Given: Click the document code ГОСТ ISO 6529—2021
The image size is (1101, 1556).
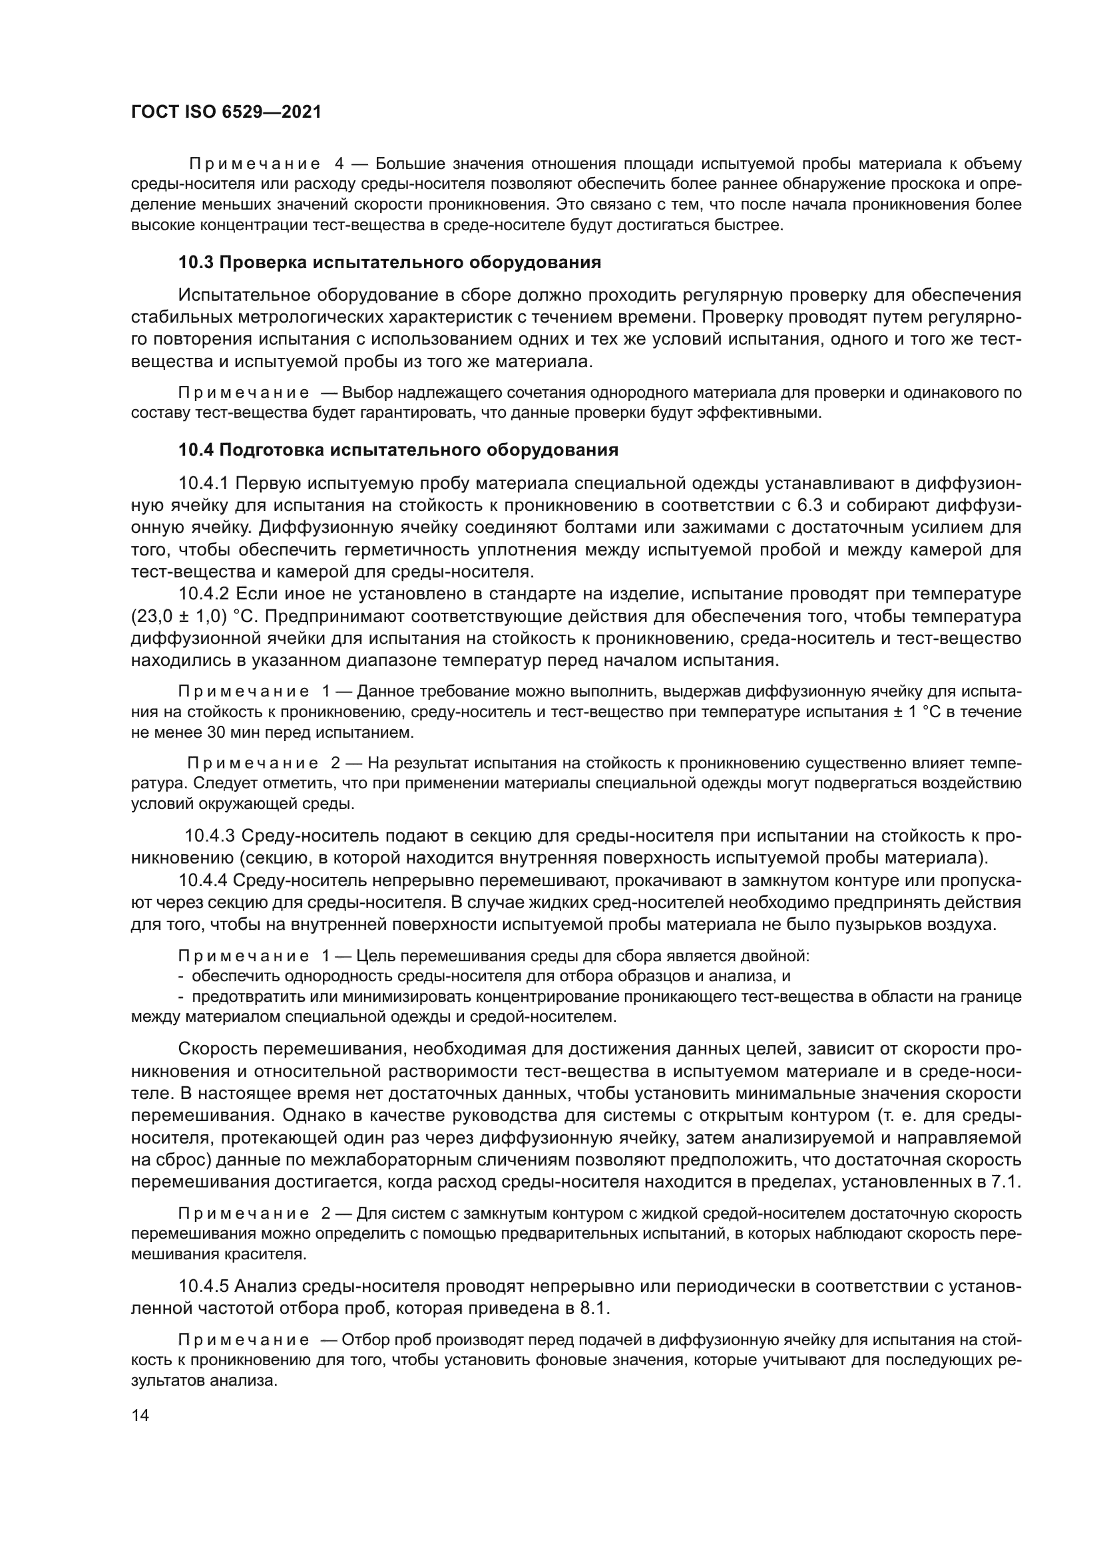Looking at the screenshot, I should point(226,112).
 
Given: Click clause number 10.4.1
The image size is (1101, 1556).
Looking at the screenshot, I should point(205,483).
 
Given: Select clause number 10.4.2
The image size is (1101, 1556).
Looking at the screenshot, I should point(205,594).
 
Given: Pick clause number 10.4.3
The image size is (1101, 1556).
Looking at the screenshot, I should point(211,836).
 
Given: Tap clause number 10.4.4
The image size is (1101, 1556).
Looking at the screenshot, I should point(205,879).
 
